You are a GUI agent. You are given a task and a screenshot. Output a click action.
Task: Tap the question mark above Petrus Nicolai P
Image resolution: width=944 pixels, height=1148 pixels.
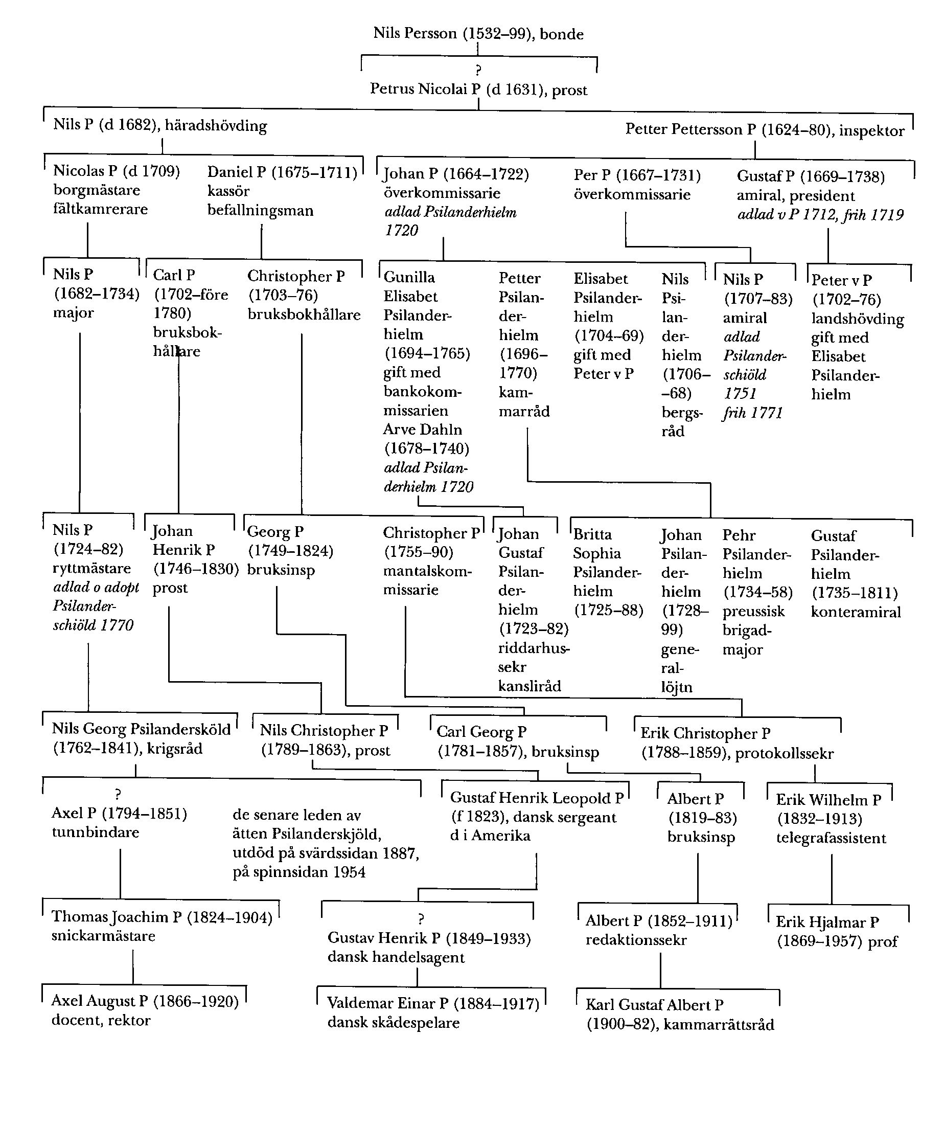pyautogui.click(x=478, y=70)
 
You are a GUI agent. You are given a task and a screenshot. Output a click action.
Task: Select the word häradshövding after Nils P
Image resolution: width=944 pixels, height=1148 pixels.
pyautogui.click(x=216, y=126)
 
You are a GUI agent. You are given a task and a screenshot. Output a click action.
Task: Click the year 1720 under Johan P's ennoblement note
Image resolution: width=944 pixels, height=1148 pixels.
pyautogui.click(x=402, y=231)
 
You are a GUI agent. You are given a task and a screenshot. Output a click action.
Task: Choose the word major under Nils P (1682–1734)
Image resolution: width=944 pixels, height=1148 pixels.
pyautogui.click(x=74, y=313)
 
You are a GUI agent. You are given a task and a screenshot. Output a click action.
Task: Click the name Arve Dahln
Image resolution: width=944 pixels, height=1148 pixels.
pyautogui.click(x=423, y=430)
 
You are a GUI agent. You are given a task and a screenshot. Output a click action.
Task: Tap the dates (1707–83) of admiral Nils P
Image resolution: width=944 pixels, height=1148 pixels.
pyautogui.click(x=758, y=299)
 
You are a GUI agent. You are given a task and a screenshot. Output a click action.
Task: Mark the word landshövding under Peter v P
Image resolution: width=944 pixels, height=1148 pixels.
pyautogui.click(x=858, y=319)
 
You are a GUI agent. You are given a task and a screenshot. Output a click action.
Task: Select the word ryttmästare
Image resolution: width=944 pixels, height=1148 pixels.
pyautogui.click(x=92, y=569)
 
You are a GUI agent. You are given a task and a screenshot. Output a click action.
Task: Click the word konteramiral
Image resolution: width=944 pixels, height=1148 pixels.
pyautogui.click(x=856, y=612)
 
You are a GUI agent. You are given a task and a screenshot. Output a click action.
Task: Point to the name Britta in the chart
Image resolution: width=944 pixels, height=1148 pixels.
pyautogui.click(x=592, y=534)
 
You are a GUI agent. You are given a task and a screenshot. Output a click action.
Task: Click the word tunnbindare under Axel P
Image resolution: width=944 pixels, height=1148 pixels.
pyautogui.click(x=96, y=832)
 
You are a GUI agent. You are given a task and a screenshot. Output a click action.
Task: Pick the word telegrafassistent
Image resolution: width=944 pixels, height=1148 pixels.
pyautogui.click(x=831, y=839)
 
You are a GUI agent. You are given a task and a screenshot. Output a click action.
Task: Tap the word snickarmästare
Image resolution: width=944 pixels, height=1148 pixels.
pyautogui.click(x=103, y=936)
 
